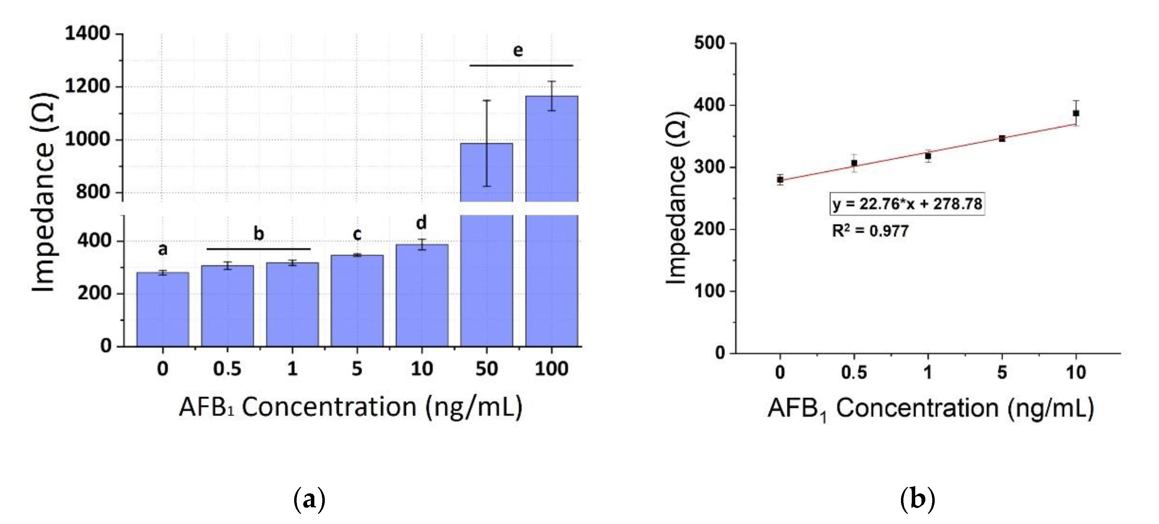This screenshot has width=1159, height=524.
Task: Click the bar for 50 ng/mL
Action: coord(486,270)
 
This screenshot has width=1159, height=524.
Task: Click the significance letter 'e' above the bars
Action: coord(518,50)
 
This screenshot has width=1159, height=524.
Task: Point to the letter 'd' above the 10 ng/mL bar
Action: coord(421,223)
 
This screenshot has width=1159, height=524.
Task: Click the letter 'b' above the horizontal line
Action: coord(259,233)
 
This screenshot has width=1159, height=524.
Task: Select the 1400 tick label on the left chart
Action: coord(87,34)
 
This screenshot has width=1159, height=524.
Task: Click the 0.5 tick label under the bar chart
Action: coord(227,369)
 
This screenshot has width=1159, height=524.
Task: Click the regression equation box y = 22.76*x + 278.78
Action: coord(907,204)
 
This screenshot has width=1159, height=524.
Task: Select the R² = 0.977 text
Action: coord(870,231)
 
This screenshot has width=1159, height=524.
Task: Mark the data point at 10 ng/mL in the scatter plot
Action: coord(1076,113)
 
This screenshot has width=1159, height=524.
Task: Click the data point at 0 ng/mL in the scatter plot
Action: coord(780,180)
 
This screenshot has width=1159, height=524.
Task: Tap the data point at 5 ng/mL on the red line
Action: coord(1002,138)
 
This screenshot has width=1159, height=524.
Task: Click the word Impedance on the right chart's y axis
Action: coord(676,221)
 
